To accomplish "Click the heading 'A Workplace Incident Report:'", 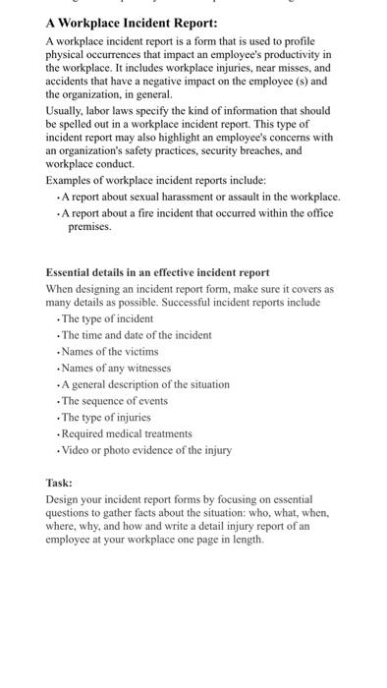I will [x=132, y=23].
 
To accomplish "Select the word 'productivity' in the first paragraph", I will [x=297, y=55].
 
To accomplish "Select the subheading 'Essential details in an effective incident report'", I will [x=157, y=272].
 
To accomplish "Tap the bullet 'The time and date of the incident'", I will [x=136, y=335].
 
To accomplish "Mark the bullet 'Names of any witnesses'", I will [x=115, y=368].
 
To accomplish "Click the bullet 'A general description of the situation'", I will [x=144, y=384].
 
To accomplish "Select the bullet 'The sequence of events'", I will [x=114, y=401].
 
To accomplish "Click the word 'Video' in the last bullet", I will [x=75, y=450].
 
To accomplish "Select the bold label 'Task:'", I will [x=59, y=483].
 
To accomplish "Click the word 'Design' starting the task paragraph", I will [x=62, y=498].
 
